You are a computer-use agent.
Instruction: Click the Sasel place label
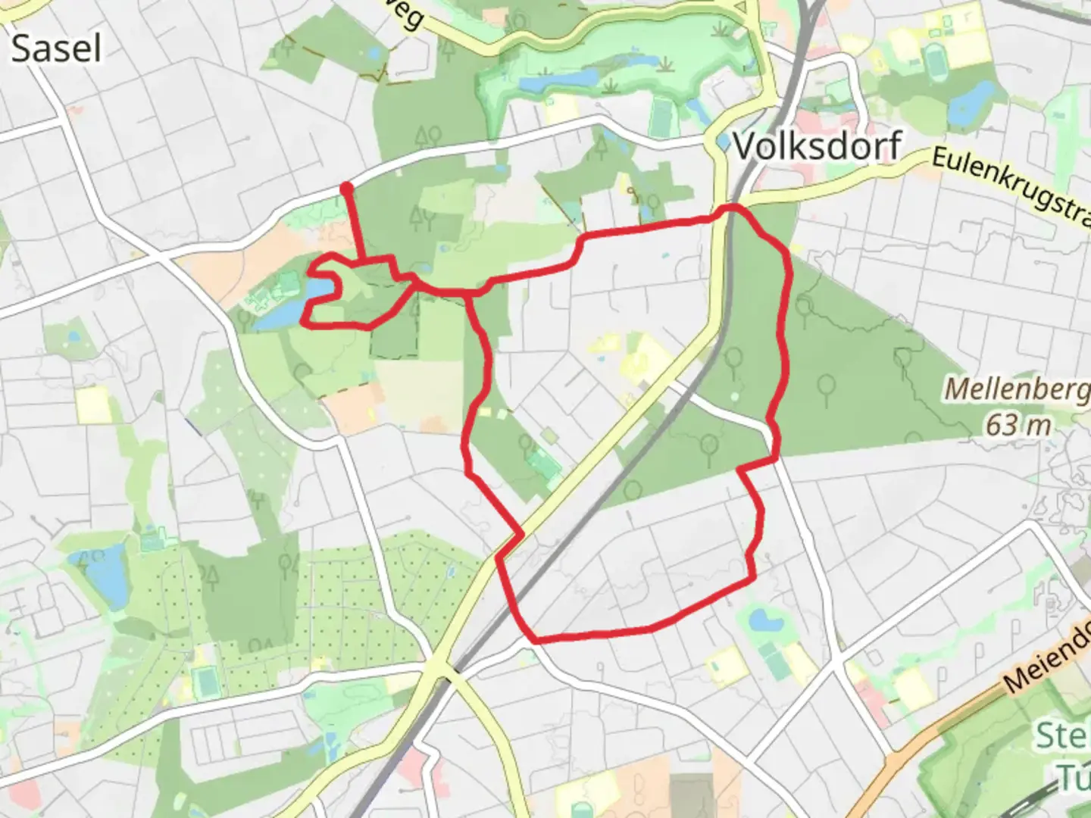pos(56,48)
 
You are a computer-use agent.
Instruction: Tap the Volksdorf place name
pos(817,145)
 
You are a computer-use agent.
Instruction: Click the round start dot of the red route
pos(346,187)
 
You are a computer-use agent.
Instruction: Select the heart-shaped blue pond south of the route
pos(765,622)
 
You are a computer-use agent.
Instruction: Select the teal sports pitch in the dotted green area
pos(205,682)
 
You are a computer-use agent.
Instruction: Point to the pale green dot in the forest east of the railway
pos(734,395)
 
